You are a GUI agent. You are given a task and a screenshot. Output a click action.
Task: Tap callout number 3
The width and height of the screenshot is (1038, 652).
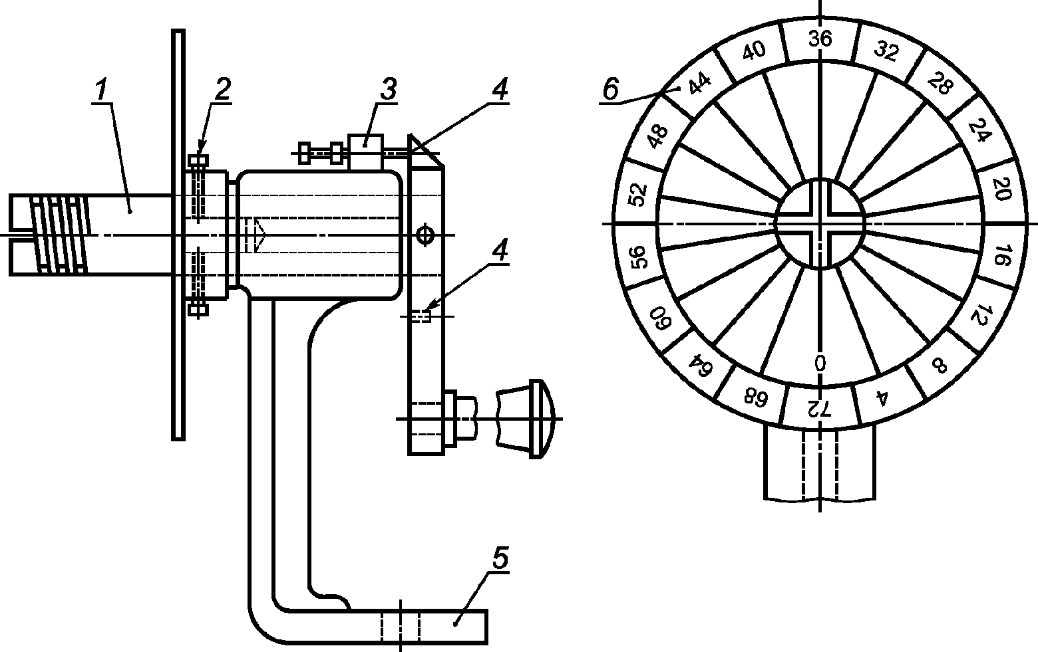click(389, 90)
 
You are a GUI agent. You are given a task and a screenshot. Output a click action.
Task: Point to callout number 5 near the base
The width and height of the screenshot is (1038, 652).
click(500, 559)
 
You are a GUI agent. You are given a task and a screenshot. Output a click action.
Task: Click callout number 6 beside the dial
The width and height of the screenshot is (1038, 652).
click(611, 89)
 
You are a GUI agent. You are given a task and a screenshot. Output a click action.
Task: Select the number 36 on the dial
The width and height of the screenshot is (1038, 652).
click(820, 39)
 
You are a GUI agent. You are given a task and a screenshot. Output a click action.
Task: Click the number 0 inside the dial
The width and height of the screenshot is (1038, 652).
click(820, 363)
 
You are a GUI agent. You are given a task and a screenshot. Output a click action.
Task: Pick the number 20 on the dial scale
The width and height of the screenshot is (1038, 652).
click(1002, 189)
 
